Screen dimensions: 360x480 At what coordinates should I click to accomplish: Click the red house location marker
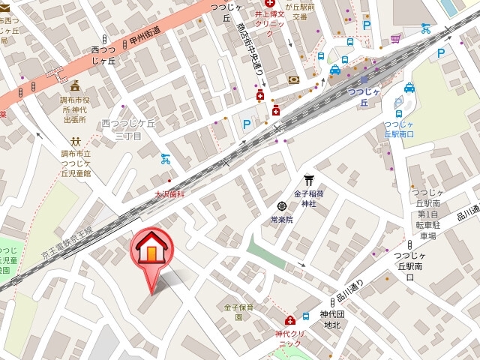point(151,251)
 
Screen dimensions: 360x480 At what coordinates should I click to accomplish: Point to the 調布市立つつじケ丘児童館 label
point(75,163)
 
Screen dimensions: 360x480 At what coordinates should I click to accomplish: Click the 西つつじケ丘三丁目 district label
point(128,129)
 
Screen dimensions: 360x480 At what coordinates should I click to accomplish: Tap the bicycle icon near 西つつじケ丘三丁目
point(166,159)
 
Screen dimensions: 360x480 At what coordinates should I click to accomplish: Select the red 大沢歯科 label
point(169,194)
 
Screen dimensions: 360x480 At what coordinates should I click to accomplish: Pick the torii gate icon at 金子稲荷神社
point(308,180)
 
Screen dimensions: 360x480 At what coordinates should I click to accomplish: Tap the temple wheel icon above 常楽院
point(282,206)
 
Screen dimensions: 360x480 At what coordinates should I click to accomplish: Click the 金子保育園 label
point(238,312)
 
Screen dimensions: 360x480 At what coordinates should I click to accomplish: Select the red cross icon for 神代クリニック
point(289,320)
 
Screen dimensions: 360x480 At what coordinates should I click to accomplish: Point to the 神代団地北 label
point(331,319)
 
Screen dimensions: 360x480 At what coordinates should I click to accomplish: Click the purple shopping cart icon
point(395,37)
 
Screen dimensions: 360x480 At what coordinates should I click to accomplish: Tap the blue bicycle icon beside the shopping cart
point(425,29)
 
